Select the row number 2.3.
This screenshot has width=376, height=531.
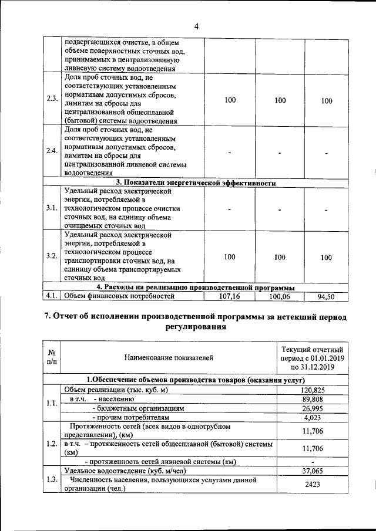(x=52, y=100)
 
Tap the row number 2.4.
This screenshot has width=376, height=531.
(x=52, y=151)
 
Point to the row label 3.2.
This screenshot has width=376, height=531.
(x=52, y=257)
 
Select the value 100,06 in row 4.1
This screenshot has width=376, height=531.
(x=280, y=297)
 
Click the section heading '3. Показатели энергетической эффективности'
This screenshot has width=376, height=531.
(x=196, y=182)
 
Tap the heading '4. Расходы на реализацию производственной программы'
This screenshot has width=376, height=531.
(x=196, y=288)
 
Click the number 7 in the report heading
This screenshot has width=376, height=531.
(x=48, y=317)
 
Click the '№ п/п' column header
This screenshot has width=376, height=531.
(x=52, y=357)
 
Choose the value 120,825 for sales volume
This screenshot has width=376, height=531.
(x=313, y=390)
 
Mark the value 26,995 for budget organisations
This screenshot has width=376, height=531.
(x=313, y=408)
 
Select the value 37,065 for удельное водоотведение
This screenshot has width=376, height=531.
(x=313, y=471)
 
